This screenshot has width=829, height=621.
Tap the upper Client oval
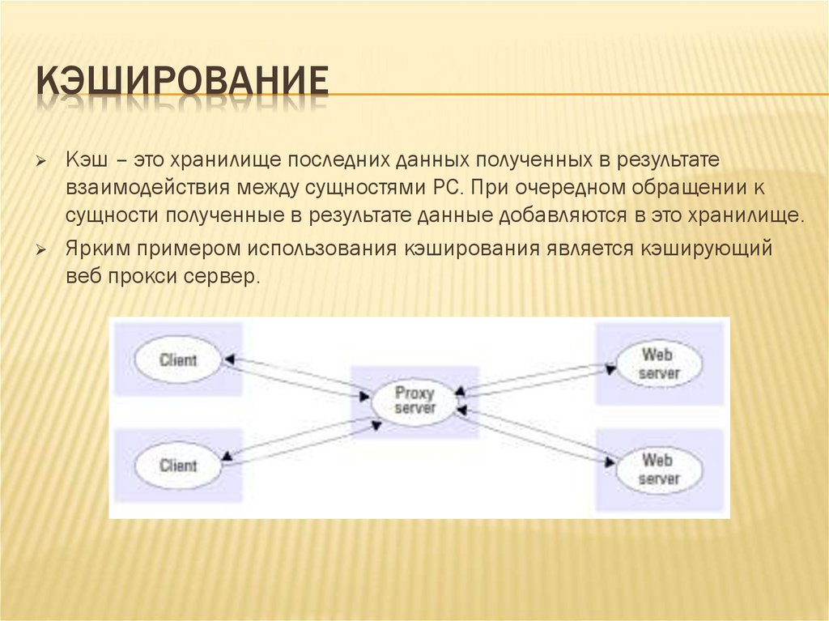tap(177, 359)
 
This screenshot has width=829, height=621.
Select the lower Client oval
tap(177, 465)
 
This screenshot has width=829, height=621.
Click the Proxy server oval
tap(414, 400)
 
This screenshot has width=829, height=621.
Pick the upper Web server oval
tap(658, 364)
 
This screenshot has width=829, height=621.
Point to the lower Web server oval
tap(658, 469)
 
